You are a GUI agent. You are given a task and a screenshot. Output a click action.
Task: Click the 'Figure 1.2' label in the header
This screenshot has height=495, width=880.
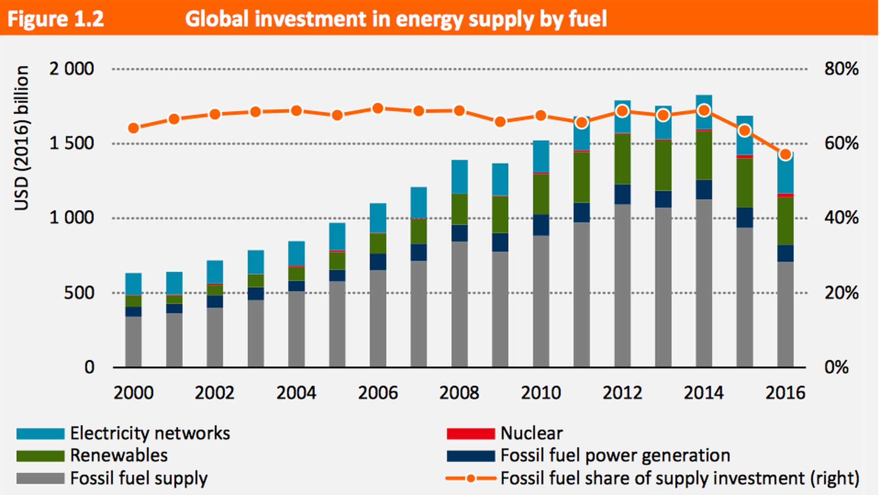(55, 19)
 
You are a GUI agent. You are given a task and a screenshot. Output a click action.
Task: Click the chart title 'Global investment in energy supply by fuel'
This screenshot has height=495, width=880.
(396, 19)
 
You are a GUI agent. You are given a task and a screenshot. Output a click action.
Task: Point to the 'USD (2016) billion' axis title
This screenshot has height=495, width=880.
(22, 137)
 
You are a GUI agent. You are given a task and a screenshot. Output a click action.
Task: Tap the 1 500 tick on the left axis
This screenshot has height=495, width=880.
(71, 143)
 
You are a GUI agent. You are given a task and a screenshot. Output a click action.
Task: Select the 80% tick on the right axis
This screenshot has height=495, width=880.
(841, 69)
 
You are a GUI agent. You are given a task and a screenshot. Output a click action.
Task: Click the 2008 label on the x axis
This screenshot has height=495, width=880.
(459, 393)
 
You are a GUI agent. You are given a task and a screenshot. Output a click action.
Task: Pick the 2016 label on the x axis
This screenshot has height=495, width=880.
(785, 393)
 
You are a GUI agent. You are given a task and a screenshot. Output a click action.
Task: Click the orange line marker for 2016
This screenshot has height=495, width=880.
(786, 154)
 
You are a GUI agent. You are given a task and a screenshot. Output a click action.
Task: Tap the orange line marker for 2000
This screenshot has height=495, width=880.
(133, 128)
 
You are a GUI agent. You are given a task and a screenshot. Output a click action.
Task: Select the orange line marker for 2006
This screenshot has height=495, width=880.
(378, 109)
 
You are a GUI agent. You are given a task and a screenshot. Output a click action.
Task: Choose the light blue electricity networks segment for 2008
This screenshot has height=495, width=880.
(459, 177)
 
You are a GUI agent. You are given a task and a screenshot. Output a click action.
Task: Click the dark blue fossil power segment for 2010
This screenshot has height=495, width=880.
(541, 225)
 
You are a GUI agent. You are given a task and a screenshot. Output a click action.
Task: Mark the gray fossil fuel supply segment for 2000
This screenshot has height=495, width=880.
(133, 341)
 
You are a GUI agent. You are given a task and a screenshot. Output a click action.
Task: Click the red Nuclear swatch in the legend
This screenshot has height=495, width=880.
(471, 434)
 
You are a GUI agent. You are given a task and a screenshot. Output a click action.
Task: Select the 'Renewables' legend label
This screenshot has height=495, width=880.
(119, 456)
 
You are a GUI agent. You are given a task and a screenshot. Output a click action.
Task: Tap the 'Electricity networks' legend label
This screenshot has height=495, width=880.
(150, 434)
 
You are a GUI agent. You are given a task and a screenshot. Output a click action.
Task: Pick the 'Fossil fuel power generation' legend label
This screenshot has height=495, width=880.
(615, 456)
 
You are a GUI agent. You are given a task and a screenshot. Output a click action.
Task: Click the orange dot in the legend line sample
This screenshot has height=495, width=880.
(471, 478)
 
